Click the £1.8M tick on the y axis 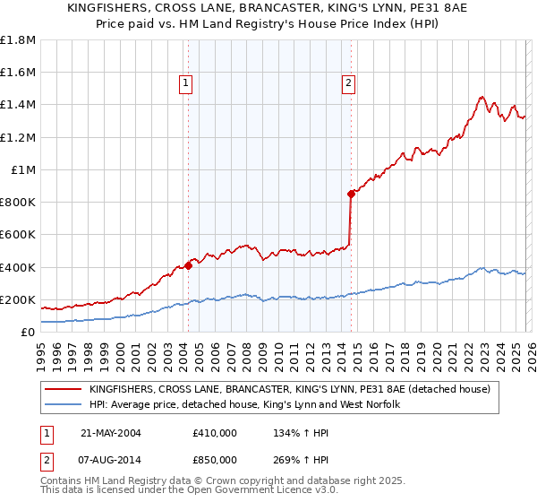coord(18,40)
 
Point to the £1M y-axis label coord(23,169)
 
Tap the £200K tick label coord(18,299)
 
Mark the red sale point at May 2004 coord(189,265)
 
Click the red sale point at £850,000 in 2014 coord(352,194)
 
